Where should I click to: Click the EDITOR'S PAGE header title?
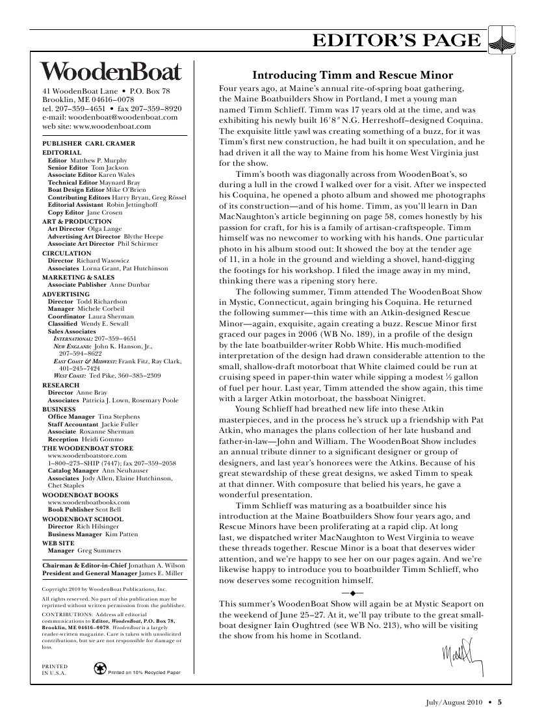pos(396,41)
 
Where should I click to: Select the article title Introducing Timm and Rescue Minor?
pos(352,75)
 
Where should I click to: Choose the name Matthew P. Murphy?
pos(99,160)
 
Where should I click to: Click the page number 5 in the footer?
pos(500,701)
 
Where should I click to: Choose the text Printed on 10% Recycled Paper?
pos(144,671)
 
